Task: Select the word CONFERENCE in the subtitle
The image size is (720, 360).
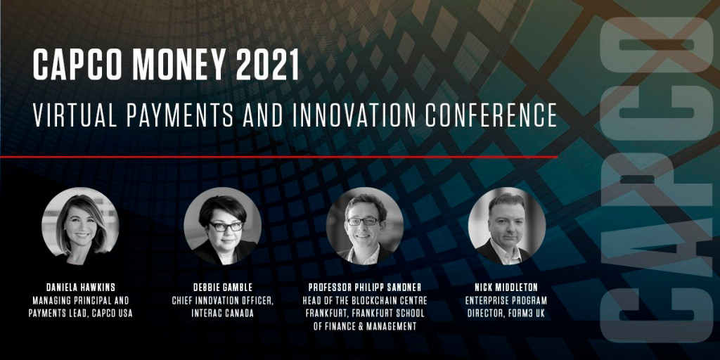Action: pyautogui.click(x=491, y=115)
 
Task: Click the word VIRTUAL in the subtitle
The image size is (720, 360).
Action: pyautogui.click(x=75, y=115)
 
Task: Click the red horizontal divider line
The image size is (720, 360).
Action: pyautogui.click(x=278, y=157)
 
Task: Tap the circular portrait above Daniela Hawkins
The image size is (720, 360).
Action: pyautogui.click(x=80, y=226)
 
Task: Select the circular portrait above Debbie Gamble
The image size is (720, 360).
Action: pyautogui.click(x=223, y=226)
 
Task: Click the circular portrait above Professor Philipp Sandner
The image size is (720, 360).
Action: pyautogui.click(x=365, y=226)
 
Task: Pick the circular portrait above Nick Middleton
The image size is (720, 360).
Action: pyautogui.click(x=507, y=226)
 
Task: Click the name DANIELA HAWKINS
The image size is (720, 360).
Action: pyautogui.click(x=80, y=288)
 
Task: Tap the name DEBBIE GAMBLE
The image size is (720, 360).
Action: pyautogui.click(x=223, y=288)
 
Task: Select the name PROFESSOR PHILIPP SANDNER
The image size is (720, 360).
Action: pyautogui.click(x=365, y=288)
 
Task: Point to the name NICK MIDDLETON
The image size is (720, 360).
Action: pyautogui.click(x=506, y=288)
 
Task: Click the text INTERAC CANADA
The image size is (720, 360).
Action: pyautogui.click(x=223, y=314)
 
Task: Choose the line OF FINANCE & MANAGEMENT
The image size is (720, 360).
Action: pyautogui.click(x=365, y=326)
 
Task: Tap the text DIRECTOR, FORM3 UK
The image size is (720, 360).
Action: pyautogui.click(x=506, y=314)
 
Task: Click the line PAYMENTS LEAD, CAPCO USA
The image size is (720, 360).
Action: pyautogui.click(x=80, y=314)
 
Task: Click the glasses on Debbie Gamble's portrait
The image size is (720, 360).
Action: pyautogui.click(x=226, y=226)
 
